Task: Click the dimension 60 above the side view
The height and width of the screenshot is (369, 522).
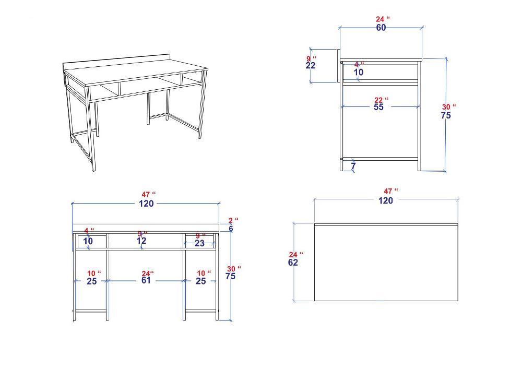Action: point(381,28)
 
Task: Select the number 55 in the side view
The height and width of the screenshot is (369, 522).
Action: point(378,107)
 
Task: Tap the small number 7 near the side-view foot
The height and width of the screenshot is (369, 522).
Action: point(353,165)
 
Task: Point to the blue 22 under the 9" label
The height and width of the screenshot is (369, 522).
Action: point(310,66)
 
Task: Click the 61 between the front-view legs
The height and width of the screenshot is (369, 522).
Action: point(146,280)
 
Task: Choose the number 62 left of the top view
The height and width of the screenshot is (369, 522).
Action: point(293,263)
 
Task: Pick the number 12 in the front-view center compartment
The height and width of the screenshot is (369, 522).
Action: point(141,241)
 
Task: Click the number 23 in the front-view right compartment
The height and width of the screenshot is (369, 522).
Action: point(199,244)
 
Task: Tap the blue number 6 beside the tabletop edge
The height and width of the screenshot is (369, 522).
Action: point(231,229)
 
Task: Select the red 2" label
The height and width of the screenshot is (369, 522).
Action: point(233,220)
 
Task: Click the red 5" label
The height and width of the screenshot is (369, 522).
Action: point(143,234)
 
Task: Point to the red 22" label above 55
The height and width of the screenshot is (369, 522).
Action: point(381,100)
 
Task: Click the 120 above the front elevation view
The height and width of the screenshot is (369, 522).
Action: point(146,204)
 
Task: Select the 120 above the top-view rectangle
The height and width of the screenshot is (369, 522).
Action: point(386,200)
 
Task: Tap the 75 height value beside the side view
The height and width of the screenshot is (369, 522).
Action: point(446,115)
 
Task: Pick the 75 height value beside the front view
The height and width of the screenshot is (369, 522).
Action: point(230,276)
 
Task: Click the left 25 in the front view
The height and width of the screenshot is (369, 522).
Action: point(92,281)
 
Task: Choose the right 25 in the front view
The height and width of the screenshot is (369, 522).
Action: point(201,281)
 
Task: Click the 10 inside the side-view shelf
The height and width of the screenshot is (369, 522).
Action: point(359,72)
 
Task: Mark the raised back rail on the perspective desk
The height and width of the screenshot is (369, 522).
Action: point(117,62)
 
